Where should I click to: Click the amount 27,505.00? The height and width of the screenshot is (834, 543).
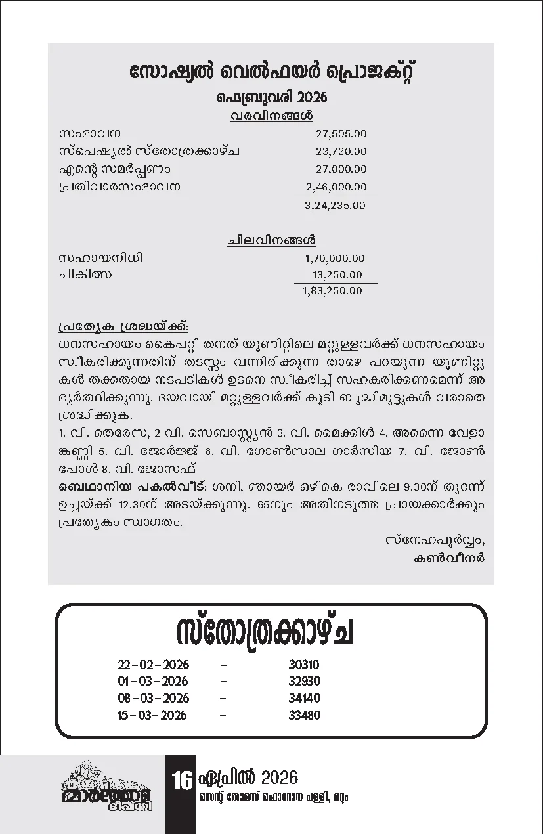341,134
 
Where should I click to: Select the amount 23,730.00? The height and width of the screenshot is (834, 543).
341,152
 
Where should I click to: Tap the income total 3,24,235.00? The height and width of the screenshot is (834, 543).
336,205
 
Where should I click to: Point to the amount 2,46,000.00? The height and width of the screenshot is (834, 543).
336,187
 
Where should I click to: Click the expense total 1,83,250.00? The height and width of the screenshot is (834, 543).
332,290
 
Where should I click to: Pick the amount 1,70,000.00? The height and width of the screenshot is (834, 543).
334,259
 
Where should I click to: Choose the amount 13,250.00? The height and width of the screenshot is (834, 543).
337,275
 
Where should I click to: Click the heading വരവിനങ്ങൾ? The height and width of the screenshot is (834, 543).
271,116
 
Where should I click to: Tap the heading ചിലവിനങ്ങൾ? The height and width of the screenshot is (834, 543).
271,241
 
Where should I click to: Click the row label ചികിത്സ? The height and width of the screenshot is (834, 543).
85,275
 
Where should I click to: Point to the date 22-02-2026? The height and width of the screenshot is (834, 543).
152,665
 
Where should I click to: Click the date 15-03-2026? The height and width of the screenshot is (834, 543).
152,715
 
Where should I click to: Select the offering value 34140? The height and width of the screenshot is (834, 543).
304,698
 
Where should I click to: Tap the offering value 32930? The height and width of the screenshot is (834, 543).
304,681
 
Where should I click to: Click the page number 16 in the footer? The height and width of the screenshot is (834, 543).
181,781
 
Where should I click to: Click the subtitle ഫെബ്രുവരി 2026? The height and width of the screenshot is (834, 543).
271,99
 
